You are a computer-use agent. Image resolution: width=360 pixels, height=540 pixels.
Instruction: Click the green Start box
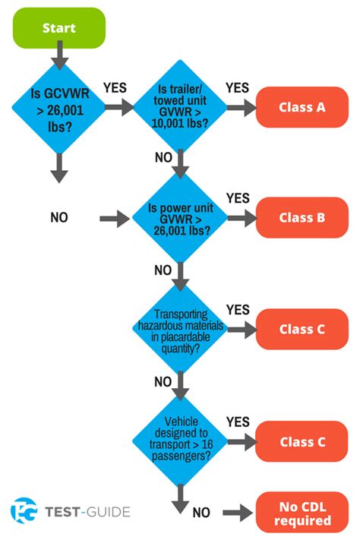pos(58,28)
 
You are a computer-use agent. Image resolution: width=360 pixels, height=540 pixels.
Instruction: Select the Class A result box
pos(302,107)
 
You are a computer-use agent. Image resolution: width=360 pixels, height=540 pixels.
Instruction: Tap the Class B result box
pos(302,218)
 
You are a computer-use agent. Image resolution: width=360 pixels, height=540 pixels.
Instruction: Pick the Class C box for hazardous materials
pos(302,330)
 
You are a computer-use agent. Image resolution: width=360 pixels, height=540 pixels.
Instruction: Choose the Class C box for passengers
pos(302,442)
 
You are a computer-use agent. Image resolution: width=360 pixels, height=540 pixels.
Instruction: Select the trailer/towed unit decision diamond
pos(180,107)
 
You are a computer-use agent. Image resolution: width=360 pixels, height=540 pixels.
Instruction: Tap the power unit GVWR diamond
pos(180,218)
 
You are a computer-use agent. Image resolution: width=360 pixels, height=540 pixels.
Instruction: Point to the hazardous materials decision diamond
pos(180,330)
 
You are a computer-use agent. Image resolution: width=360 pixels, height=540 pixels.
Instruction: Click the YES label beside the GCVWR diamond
pos(115,88)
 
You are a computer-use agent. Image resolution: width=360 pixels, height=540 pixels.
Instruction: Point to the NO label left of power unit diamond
pos(59,218)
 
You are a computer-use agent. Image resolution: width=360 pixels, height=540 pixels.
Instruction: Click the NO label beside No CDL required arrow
pos(201,513)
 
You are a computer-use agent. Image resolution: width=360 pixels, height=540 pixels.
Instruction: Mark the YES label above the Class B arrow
pos(238,198)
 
